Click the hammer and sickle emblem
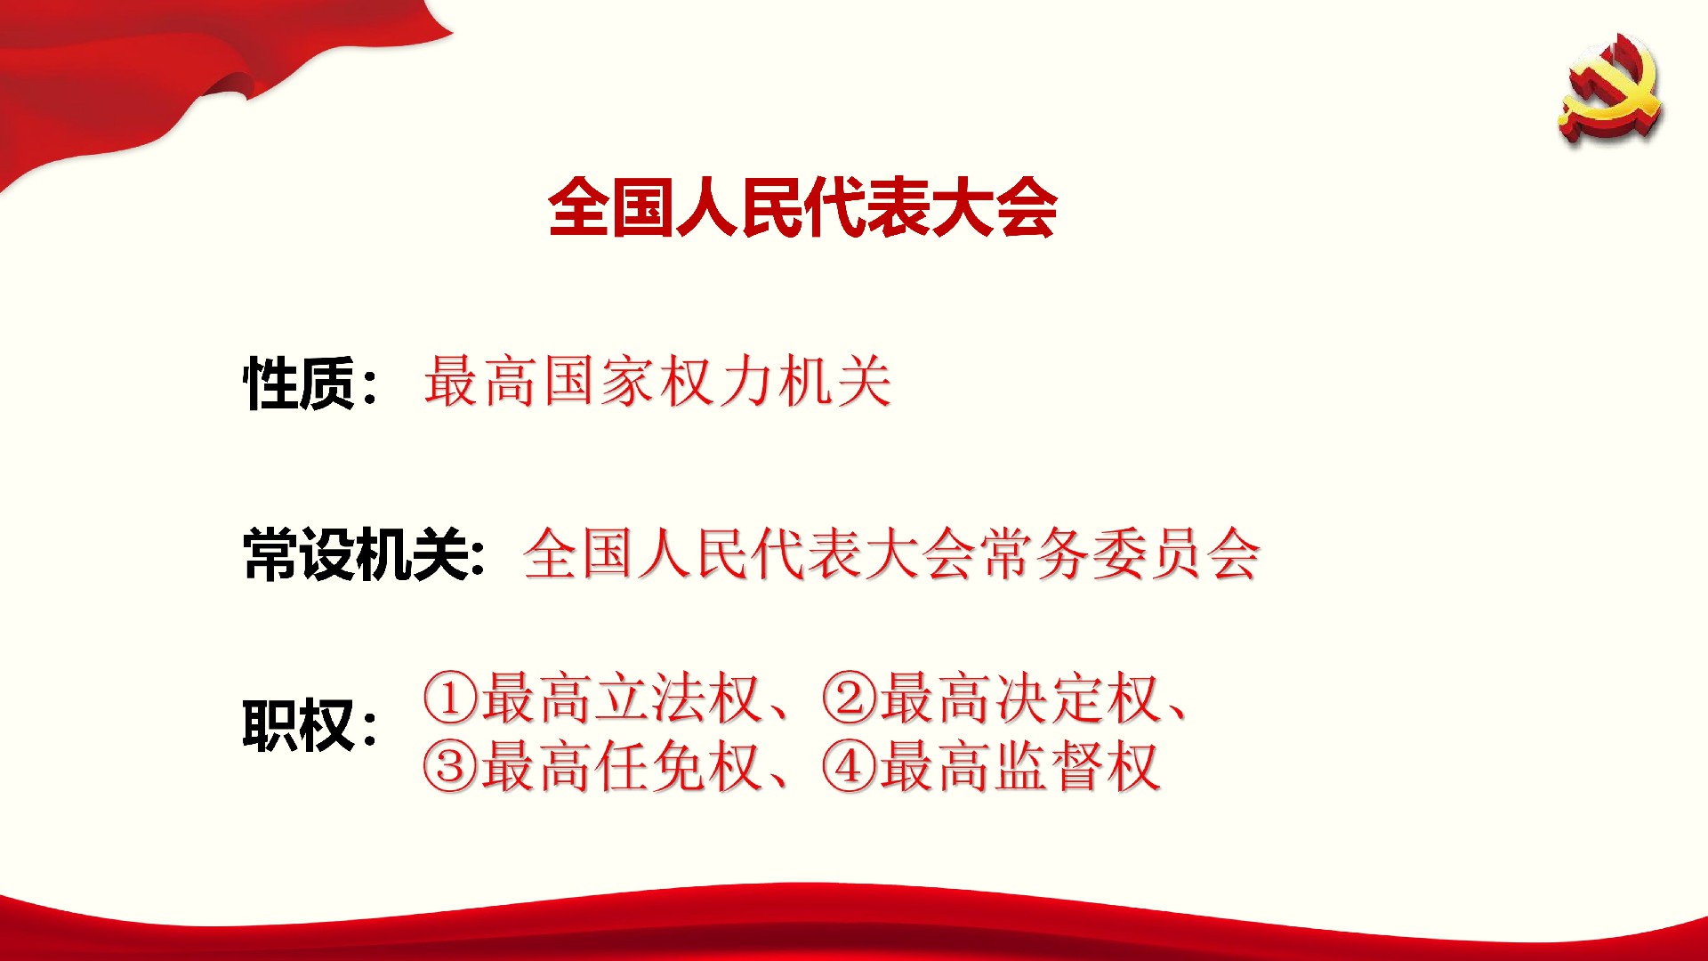(1610, 87)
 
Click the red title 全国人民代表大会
(802, 208)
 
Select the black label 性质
(299, 384)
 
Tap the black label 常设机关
(355, 554)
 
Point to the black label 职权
(299, 726)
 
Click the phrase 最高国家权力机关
(657, 381)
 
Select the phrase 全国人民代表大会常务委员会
(891, 553)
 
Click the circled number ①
(451, 698)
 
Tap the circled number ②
(850, 698)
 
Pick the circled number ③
(451, 766)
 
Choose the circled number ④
(850, 766)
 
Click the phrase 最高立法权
(622, 698)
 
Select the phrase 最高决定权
(1021, 698)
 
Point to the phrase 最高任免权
(622, 766)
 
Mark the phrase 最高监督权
(1021, 766)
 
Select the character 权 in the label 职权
(326, 726)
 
